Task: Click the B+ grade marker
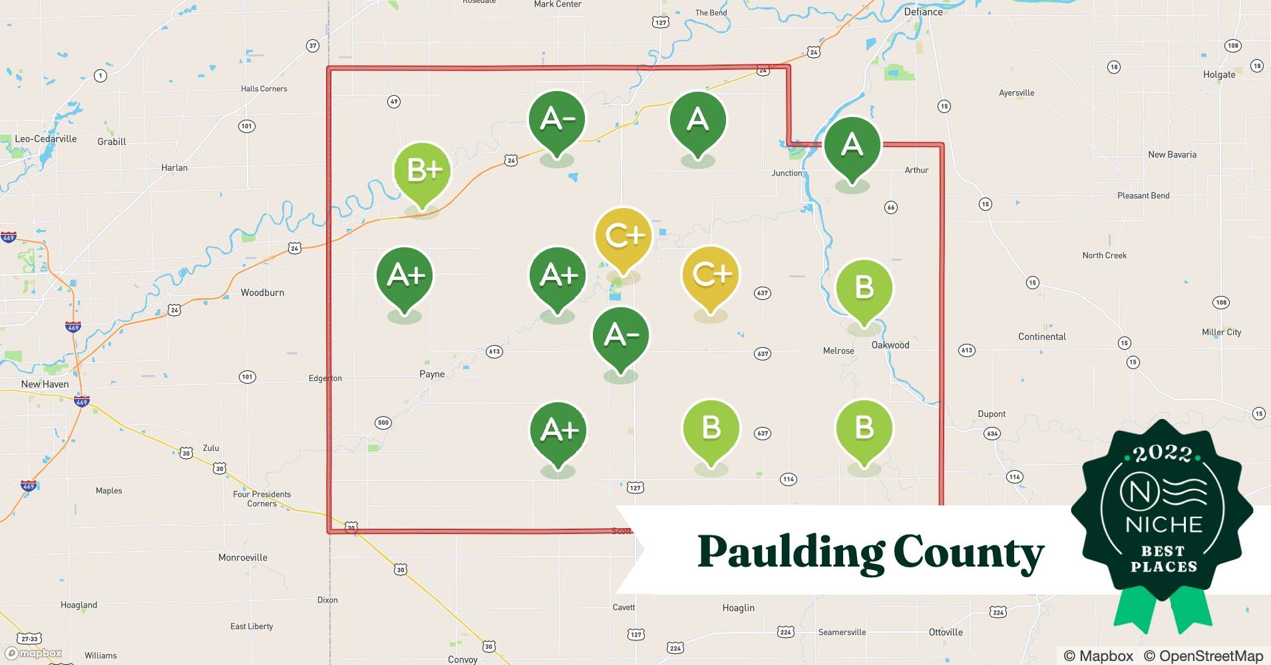[x=423, y=171]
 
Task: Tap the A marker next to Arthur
[x=852, y=145]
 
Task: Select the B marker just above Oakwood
[x=864, y=288]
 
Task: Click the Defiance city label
[x=923, y=12]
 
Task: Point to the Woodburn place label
[x=262, y=293]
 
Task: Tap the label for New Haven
[x=45, y=384]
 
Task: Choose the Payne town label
[x=432, y=374]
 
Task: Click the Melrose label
[x=838, y=350]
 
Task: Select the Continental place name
[x=1041, y=336]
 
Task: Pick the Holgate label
[x=1218, y=74]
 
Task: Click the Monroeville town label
[x=243, y=557]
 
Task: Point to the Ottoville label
[x=945, y=632]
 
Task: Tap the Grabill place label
[x=112, y=142]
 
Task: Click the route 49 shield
[x=394, y=102]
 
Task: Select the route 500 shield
[x=383, y=422]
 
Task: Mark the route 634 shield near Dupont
[x=992, y=434]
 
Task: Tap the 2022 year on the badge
[x=1163, y=454]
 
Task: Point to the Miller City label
[x=1221, y=332]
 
